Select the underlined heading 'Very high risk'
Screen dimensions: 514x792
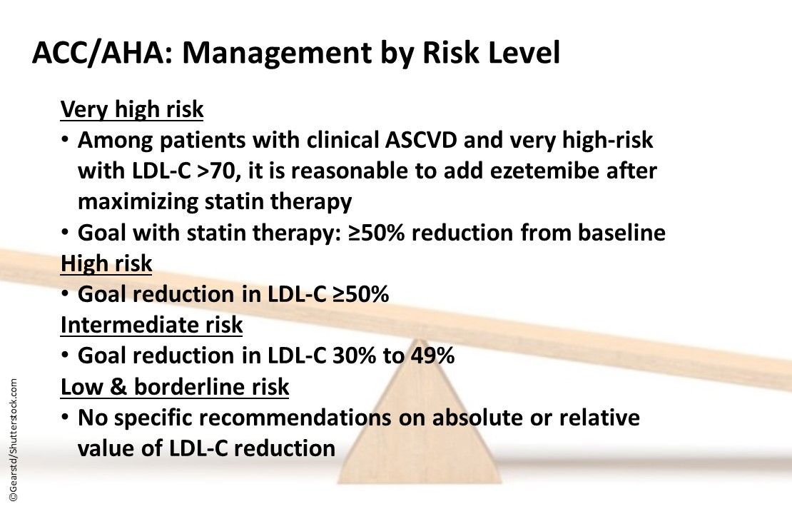tap(132, 110)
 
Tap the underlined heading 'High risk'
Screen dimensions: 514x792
tap(106, 263)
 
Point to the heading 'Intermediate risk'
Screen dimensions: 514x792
tap(151, 325)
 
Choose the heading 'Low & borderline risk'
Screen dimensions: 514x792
tap(175, 387)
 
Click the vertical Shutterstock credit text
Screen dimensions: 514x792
tap(14, 443)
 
